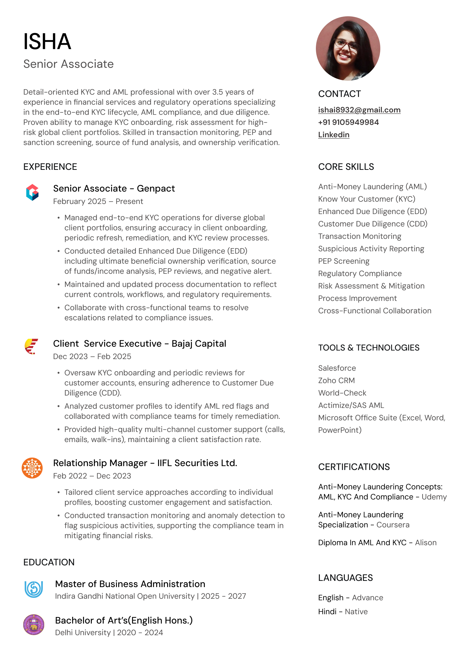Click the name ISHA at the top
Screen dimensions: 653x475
[x=47, y=42]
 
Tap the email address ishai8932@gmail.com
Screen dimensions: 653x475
[x=359, y=110]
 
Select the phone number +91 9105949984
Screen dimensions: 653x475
[x=348, y=122]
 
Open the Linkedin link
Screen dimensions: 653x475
[x=333, y=135]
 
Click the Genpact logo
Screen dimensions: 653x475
[x=32, y=192]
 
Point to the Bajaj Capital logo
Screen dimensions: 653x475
[x=31, y=346]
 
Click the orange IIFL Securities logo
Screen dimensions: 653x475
[x=32, y=468]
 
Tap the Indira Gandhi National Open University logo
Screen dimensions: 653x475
[x=34, y=589]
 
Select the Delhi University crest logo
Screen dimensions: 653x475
[x=34, y=625]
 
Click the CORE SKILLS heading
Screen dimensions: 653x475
[x=346, y=167]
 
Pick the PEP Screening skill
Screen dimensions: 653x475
[x=344, y=261]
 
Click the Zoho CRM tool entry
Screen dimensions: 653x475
[x=336, y=381]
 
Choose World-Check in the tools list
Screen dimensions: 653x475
[x=342, y=393]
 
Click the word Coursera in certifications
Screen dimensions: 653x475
[x=392, y=525]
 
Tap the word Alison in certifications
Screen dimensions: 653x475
[x=425, y=543]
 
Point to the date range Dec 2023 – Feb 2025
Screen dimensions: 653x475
[x=92, y=356]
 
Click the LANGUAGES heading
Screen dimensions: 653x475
[x=345, y=578]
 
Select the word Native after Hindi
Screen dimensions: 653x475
[x=356, y=612]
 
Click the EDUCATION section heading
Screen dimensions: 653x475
[x=49, y=562]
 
